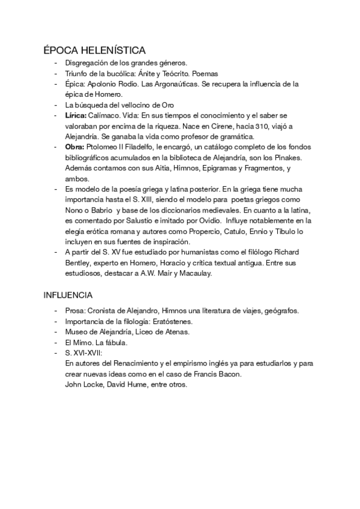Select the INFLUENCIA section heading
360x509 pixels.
click(68, 295)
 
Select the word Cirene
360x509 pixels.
click(188, 125)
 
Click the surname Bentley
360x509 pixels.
click(78, 262)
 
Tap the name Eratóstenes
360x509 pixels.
click(173, 321)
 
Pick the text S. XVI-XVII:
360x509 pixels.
click(83, 353)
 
